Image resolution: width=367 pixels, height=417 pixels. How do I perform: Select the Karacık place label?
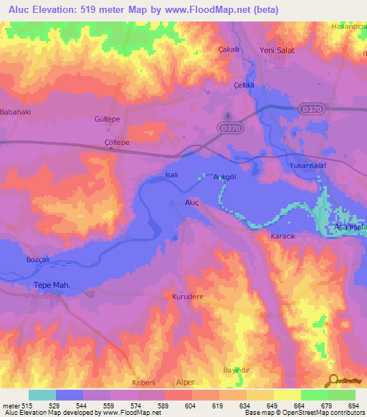click(282, 235)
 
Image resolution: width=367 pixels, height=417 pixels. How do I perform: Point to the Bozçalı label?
click(37, 258)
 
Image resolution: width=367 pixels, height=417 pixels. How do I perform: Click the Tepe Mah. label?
click(52, 285)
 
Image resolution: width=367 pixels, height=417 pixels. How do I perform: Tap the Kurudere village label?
click(189, 295)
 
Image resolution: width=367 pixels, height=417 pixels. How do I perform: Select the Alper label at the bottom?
click(186, 383)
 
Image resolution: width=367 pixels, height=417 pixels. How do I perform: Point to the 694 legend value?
click(349, 406)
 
